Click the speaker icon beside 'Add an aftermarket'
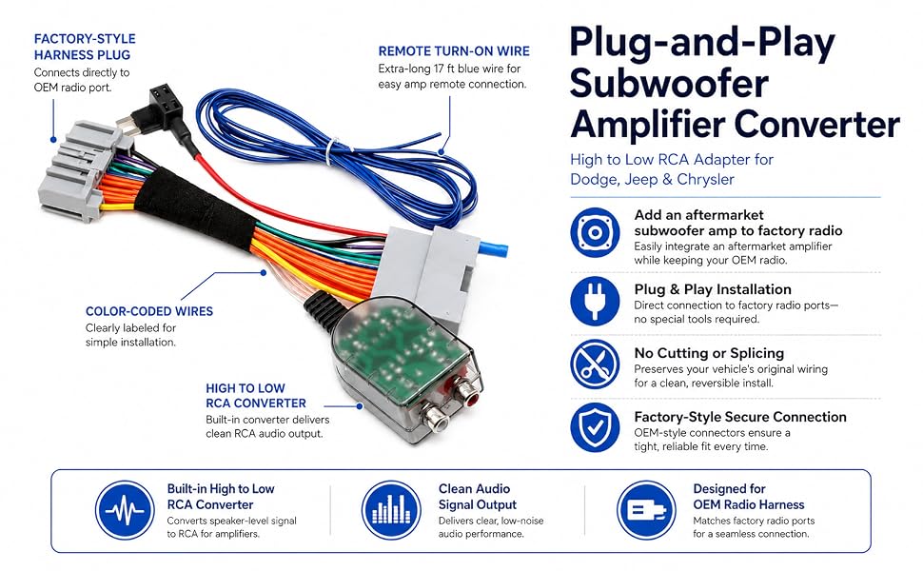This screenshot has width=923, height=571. click(595, 232)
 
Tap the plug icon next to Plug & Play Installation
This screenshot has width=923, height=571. click(595, 301)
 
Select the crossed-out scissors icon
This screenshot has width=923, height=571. click(595, 364)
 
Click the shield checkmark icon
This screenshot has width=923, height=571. click(595, 427)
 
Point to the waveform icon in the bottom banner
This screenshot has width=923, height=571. click(125, 510)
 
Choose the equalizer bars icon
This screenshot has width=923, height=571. click(391, 510)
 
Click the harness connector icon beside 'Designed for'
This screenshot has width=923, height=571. click(646, 510)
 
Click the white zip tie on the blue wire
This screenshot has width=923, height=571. click(333, 151)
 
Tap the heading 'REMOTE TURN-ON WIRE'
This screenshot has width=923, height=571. click(454, 51)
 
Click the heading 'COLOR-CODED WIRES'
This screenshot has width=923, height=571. click(149, 311)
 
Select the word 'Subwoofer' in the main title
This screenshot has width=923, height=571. click(669, 83)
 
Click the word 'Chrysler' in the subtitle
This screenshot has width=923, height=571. click(705, 179)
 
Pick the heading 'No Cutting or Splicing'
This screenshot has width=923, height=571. click(709, 353)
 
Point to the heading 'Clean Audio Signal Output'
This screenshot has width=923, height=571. click(478, 496)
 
